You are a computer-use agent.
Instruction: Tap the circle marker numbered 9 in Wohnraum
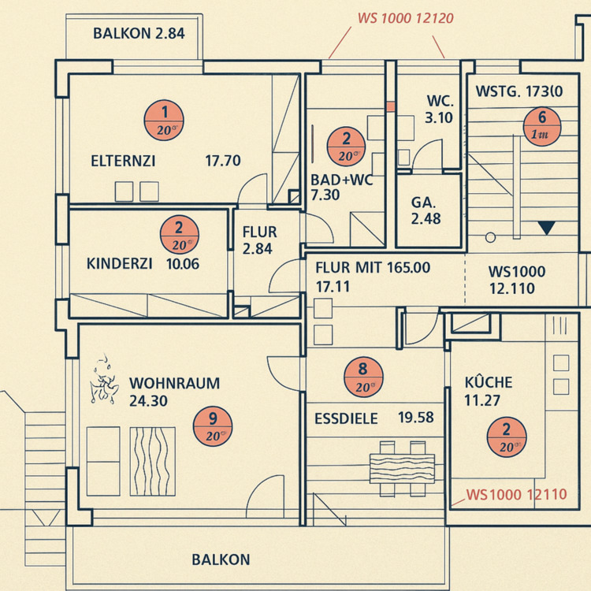pyautogui.click(x=214, y=426)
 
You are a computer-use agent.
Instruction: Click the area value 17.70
pyautogui.click(x=222, y=162)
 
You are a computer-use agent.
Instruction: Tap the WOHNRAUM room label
pyautogui.click(x=174, y=384)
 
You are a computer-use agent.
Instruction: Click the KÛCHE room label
pyautogui.click(x=489, y=383)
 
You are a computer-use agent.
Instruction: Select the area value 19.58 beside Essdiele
pyautogui.click(x=416, y=418)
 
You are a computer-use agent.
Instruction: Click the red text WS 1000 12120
pyautogui.click(x=405, y=18)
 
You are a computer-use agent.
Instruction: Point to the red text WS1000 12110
pyautogui.click(x=516, y=495)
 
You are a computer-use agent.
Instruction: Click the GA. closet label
pyautogui.click(x=424, y=203)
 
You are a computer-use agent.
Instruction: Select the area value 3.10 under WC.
pyautogui.click(x=438, y=119)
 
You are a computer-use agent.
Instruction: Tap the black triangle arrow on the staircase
pyautogui.click(x=547, y=229)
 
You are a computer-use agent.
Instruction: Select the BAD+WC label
pyautogui.click(x=341, y=179)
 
